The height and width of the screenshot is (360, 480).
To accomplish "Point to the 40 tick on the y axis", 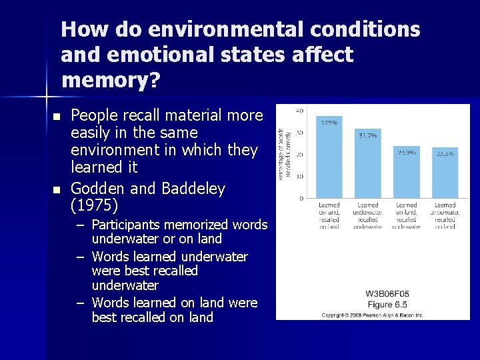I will point(300,111).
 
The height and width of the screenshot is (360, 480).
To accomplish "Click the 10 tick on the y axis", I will point(300,177).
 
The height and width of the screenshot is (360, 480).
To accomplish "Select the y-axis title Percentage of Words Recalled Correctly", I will point(285,154).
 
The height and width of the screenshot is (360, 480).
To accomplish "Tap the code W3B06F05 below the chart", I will point(387,293).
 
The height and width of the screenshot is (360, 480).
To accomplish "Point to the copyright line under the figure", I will point(373,315).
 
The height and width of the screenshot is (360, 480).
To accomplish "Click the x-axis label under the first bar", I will point(329,216).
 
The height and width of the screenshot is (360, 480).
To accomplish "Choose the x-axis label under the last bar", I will point(445,216).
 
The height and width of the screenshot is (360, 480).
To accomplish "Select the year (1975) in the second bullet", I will point(94,205).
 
